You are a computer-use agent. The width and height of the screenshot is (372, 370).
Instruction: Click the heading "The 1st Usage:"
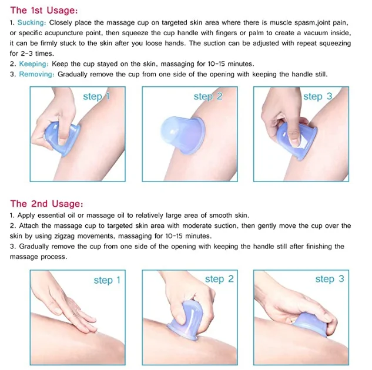tap(44, 10)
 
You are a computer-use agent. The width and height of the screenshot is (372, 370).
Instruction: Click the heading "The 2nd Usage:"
tap(46, 204)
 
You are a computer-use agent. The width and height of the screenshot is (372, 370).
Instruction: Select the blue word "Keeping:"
tap(34, 64)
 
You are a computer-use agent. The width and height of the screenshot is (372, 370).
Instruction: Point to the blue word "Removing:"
tap(37, 74)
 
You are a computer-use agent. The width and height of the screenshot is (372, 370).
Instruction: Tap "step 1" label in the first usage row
tap(96, 97)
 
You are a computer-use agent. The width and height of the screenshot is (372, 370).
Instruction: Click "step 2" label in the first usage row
tap(208, 97)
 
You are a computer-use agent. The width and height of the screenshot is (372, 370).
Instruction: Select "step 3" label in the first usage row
tap(318, 97)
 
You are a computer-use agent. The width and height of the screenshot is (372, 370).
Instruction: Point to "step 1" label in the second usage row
tap(107, 280)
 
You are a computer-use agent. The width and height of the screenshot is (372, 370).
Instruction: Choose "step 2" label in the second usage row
tap(219, 279)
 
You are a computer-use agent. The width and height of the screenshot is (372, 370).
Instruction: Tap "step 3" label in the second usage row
tap(330, 279)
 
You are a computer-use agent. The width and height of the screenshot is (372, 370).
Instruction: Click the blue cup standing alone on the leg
tap(182, 134)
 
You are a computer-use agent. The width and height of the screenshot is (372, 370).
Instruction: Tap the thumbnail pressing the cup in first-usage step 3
tap(295, 137)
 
